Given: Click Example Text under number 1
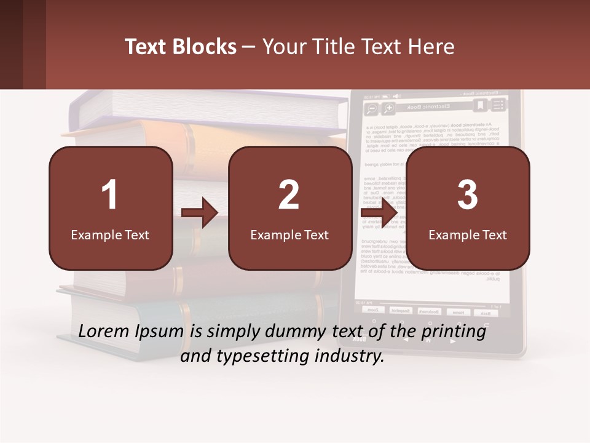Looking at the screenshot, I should click(x=110, y=234).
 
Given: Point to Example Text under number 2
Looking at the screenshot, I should click(x=289, y=234).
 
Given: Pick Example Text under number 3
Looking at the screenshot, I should click(x=468, y=234).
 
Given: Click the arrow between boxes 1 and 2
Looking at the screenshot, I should click(x=200, y=214).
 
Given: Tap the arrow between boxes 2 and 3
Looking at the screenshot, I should click(x=379, y=214).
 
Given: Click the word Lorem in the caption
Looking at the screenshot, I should click(x=104, y=331).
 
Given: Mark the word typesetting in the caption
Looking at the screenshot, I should click(x=269, y=356).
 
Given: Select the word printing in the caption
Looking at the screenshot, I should click(x=454, y=332).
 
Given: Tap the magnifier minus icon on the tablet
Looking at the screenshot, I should click(x=371, y=110).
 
